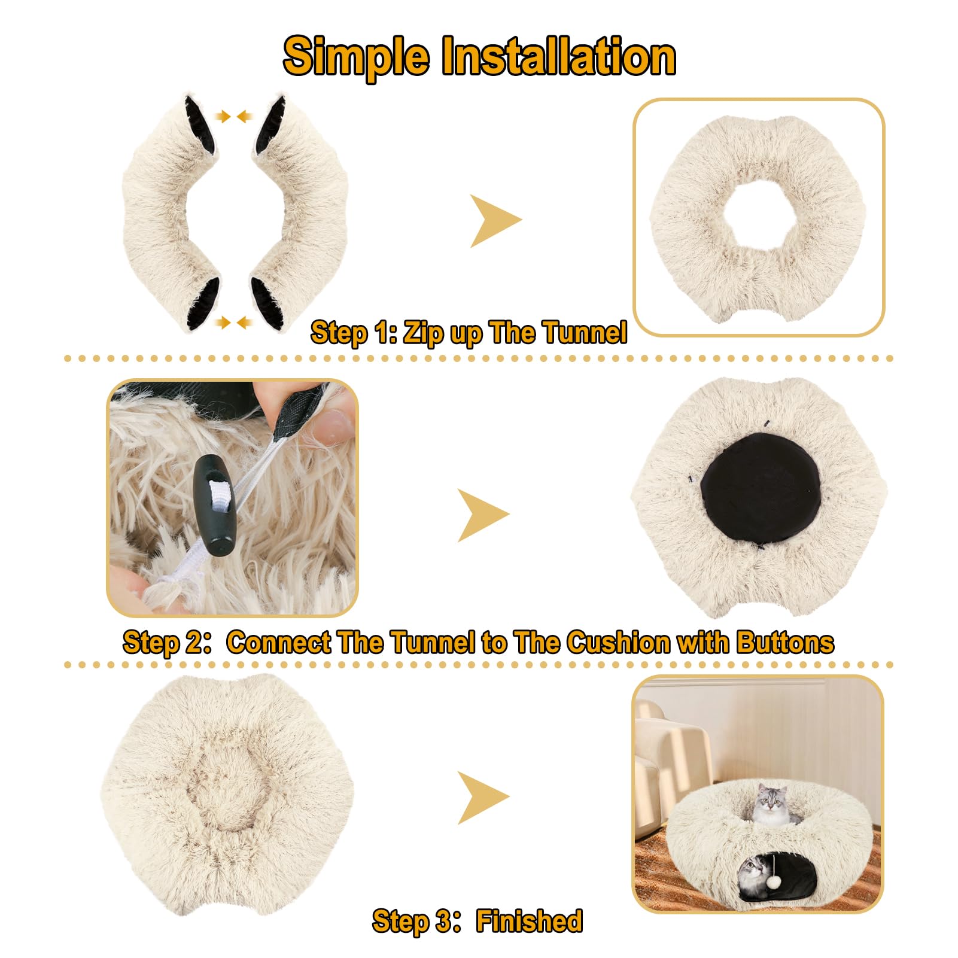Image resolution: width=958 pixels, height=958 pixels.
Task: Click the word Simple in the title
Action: (356, 57)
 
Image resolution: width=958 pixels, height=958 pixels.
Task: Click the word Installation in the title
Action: (558, 57)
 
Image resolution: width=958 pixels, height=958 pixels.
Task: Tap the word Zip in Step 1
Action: (423, 333)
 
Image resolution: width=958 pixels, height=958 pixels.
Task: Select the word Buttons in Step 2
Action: (784, 642)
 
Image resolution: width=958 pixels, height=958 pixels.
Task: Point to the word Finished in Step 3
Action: (529, 921)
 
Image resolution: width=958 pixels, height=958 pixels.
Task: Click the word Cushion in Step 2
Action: (619, 642)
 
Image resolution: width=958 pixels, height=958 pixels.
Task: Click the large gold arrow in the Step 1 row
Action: (494, 220)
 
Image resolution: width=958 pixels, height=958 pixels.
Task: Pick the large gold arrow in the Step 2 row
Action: (482, 515)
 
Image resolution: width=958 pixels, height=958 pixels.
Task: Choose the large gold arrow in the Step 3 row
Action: (482, 798)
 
